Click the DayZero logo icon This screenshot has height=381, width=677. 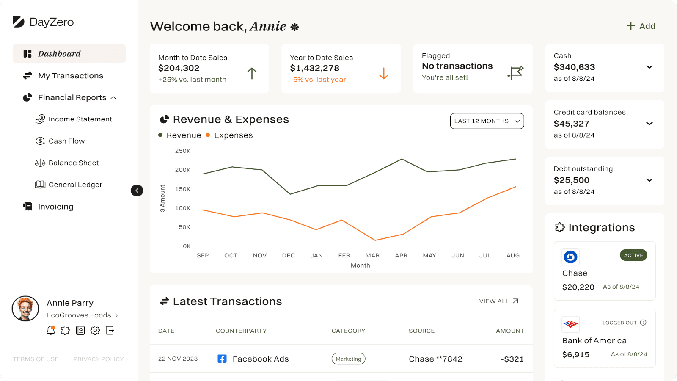click(18, 22)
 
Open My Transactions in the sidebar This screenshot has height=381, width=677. click(70, 76)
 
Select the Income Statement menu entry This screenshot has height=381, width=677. click(80, 119)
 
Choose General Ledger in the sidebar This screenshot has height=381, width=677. click(75, 185)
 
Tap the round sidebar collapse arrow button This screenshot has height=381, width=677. click(137, 190)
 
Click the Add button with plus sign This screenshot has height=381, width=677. click(641, 26)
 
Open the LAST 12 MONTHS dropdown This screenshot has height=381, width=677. click(487, 121)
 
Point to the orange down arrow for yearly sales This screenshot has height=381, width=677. click(384, 74)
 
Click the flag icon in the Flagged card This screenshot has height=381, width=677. click(515, 73)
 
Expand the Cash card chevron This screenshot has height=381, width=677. click(649, 67)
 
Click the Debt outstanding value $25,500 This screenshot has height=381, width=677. click(571, 180)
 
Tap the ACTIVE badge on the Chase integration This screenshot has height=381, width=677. click(633, 255)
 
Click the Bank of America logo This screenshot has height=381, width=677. click(570, 324)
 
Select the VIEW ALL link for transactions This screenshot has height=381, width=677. click(498, 301)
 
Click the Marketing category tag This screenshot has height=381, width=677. click(348, 359)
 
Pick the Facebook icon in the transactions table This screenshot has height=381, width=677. click(222, 359)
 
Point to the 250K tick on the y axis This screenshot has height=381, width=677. click(183, 151)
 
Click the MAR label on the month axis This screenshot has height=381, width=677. click(372, 256)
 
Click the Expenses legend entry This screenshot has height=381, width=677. click(233, 135)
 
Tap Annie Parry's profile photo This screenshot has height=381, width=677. click(25, 309)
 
